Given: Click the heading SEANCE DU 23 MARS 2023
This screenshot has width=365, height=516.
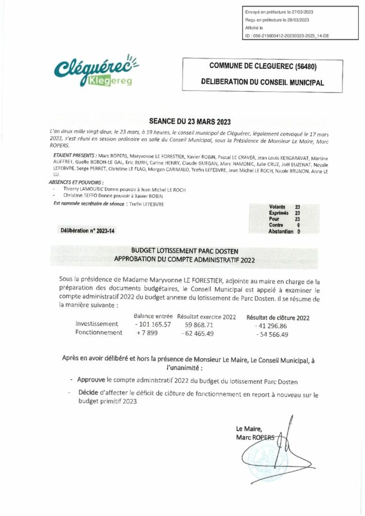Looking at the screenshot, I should click(190, 121).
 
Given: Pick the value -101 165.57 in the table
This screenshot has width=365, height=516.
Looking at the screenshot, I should click(153, 325).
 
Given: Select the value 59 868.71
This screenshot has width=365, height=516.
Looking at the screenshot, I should click(199, 325).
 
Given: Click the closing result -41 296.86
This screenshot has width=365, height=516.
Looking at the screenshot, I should click(271, 326).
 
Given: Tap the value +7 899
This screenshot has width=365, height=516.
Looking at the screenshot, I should click(147, 333).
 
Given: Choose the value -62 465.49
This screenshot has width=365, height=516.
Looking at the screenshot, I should click(198, 333).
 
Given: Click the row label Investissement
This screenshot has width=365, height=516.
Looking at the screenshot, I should click(97, 324).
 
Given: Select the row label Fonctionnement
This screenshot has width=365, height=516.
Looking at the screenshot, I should click(99, 333).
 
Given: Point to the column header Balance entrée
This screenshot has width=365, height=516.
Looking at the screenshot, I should click(153, 317).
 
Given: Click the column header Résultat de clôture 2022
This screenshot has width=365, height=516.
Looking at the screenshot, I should click(278, 318).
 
